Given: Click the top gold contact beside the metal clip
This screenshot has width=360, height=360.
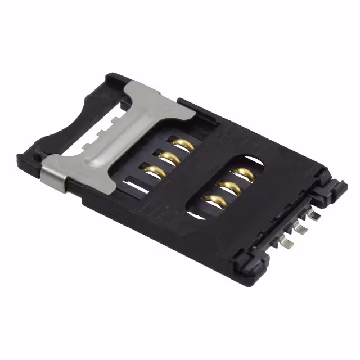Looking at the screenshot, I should (x=184, y=144).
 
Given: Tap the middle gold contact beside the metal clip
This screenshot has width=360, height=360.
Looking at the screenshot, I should (x=170, y=157).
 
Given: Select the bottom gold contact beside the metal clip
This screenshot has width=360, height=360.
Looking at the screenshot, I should (x=155, y=170).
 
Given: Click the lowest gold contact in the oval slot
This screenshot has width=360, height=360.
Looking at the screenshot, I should (x=215, y=200).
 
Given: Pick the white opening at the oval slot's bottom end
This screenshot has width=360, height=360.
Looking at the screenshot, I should (x=197, y=213).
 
